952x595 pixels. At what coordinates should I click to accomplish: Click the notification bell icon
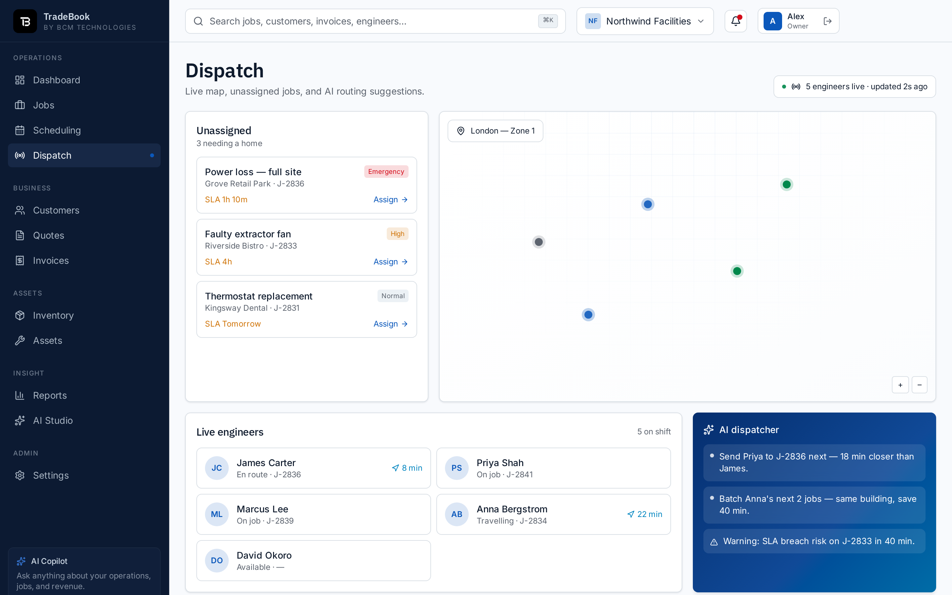tap(735, 21)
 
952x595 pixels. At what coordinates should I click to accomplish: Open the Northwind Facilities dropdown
tap(645, 21)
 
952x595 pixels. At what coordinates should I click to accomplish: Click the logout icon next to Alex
tap(827, 21)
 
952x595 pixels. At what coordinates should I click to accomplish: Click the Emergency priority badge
tap(386, 172)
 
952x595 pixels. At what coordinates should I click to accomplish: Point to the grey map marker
tap(538, 242)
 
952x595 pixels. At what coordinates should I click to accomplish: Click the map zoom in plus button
tap(900, 385)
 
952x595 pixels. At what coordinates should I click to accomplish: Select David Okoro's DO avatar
tap(217, 560)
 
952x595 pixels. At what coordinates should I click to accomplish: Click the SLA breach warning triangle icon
tap(714, 542)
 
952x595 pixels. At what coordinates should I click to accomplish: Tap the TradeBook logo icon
tap(25, 21)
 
